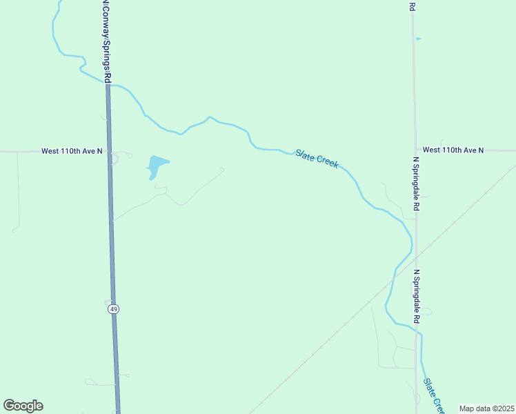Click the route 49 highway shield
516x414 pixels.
113,309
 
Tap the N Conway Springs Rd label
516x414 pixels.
106,41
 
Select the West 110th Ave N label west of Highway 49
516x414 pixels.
72,150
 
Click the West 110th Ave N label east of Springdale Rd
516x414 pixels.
453,150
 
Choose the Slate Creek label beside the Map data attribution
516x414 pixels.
433,395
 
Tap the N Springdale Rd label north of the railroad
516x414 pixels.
416,184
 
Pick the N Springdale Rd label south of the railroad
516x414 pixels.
416,297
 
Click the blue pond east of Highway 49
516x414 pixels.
156,166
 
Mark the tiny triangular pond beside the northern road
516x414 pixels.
418,39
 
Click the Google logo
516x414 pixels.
23,406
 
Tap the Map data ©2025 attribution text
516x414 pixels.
486,408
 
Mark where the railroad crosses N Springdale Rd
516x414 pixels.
416,257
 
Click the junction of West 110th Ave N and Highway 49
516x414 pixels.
110,150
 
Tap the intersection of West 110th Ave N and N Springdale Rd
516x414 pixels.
415,150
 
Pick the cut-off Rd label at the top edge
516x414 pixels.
411,6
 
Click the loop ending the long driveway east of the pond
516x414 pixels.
221,168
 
